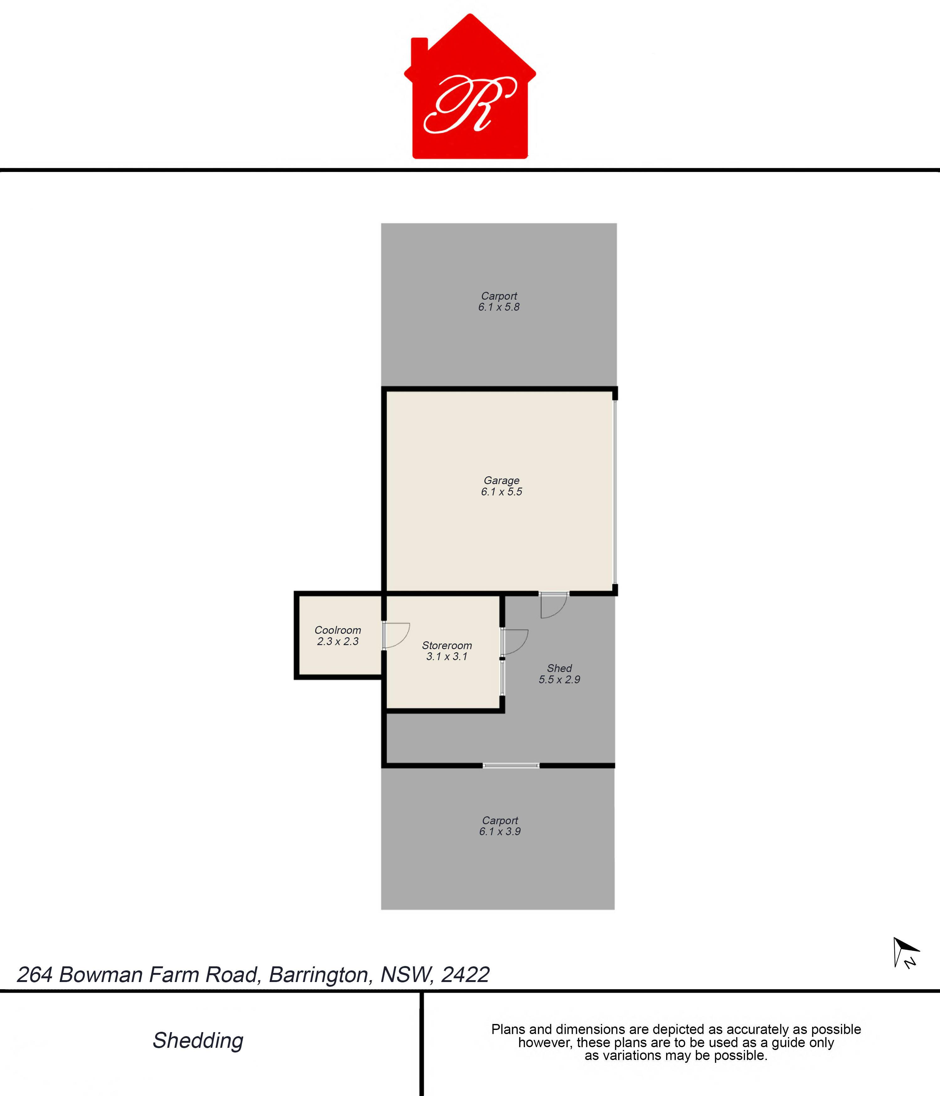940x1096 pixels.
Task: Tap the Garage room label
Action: click(x=501, y=480)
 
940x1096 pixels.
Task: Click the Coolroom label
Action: click(x=338, y=630)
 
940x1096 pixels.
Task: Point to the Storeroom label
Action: click(x=447, y=645)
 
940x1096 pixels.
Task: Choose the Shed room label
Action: click(x=559, y=668)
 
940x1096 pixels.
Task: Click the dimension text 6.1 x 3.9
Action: click(x=500, y=831)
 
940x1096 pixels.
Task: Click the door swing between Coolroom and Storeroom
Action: click(x=396, y=635)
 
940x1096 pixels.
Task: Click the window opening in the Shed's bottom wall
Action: click(x=511, y=765)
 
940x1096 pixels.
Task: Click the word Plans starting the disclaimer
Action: click(x=508, y=1029)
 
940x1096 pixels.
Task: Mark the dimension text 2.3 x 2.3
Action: click(x=338, y=641)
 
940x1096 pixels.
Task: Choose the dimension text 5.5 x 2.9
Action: click(x=559, y=679)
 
